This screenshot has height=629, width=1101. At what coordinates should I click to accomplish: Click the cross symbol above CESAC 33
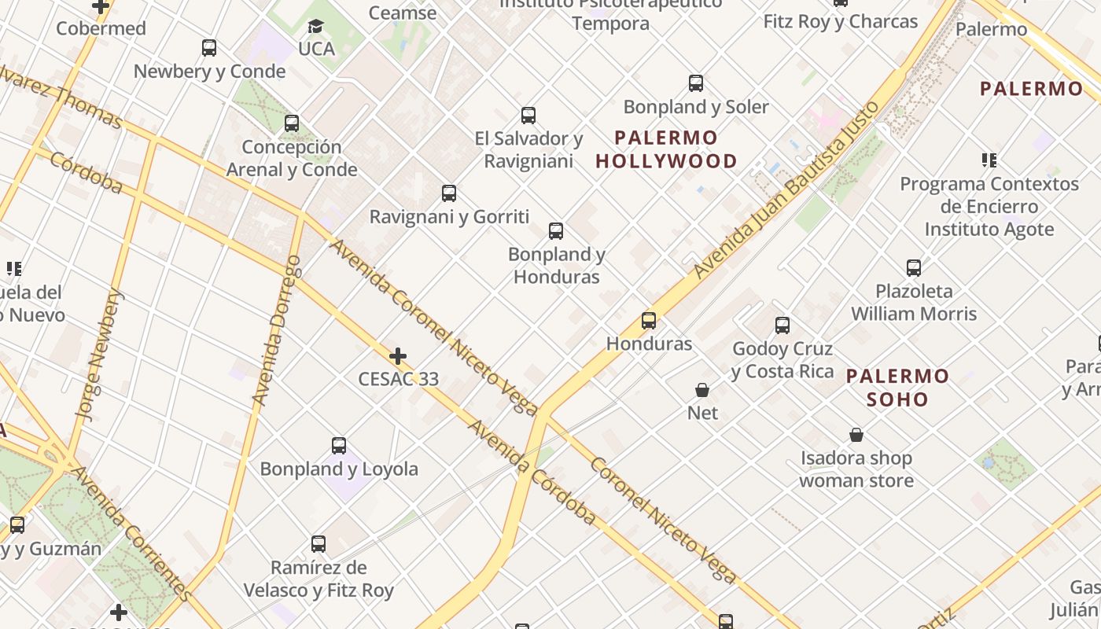tap(398, 356)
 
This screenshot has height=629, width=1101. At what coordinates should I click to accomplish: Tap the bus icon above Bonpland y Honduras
tap(556, 231)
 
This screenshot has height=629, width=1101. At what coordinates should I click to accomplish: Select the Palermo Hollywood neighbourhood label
tap(666, 149)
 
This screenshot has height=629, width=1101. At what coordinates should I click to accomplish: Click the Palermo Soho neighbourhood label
tap(897, 388)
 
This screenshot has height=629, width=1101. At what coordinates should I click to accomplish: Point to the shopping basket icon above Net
tap(702, 390)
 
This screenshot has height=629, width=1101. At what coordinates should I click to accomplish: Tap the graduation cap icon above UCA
tap(315, 27)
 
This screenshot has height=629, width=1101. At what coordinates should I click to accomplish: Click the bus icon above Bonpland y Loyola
tap(339, 446)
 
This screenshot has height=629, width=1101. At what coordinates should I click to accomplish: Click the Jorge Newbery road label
tap(101, 354)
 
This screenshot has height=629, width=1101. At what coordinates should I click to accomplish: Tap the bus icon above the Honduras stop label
tap(649, 321)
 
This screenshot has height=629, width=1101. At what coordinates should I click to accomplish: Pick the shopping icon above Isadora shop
tap(856, 435)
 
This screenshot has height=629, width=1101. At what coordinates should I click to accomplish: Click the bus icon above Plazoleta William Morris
tap(914, 268)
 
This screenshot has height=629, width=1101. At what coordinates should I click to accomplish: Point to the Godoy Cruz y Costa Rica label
tap(782, 359)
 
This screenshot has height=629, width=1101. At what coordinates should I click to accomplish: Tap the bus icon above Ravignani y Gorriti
tap(449, 193)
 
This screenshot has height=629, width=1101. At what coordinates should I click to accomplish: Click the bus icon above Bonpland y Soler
tap(696, 83)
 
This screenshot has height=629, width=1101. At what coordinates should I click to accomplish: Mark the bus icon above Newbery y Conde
tap(209, 48)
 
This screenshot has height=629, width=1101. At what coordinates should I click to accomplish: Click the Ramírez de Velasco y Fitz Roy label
tap(319, 579)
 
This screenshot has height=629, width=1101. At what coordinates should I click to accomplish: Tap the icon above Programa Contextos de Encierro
tap(989, 160)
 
